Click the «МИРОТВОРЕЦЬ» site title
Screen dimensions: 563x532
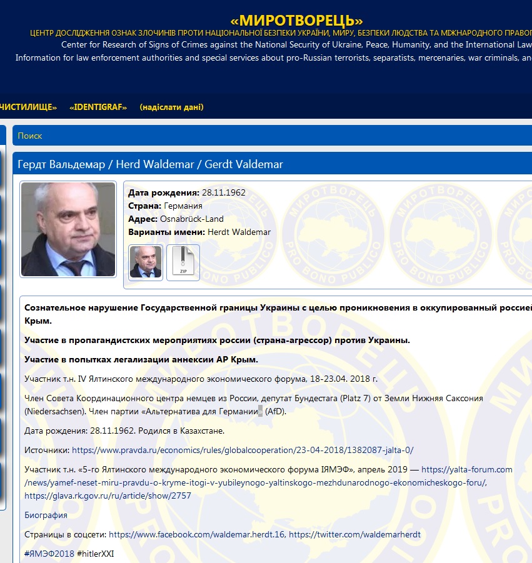point(297,20)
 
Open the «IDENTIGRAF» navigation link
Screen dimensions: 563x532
point(98,107)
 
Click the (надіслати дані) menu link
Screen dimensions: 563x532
point(171,107)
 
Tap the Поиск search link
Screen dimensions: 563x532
point(30,136)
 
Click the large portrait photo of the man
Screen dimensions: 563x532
point(68,229)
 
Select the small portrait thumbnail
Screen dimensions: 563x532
point(146,262)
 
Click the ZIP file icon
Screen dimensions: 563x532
point(183,262)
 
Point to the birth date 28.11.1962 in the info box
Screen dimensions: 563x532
point(224,192)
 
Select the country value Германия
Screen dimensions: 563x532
point(183,206)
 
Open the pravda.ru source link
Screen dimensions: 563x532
point(243,450)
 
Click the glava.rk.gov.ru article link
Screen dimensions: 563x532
point(108,496)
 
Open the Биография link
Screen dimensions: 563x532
point(46,516)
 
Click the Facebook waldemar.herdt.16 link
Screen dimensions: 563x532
point(196,535)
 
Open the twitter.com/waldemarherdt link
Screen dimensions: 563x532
point(354,535)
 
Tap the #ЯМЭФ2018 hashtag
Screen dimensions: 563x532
point(49,554)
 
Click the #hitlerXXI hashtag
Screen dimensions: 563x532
point(96,554)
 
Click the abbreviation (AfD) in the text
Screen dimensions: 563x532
point(275,412)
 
